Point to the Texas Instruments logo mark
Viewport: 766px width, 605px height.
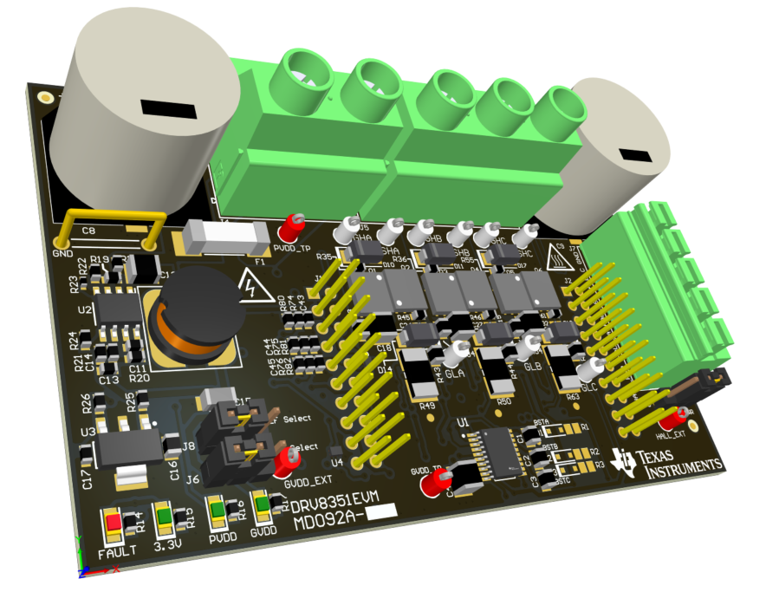[622, 461]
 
